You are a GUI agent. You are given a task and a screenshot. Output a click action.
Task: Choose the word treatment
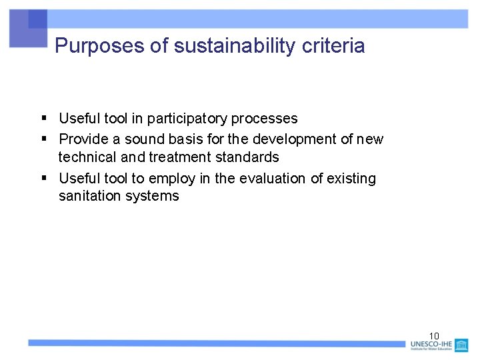pos(180,157)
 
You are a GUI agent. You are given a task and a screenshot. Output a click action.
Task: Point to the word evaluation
pos(278,179)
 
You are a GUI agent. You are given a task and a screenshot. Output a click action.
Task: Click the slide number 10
pos(434,335)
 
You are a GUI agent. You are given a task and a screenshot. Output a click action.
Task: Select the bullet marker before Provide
pos(43,139)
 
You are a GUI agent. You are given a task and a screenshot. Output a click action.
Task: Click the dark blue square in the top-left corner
pos(37,19)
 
